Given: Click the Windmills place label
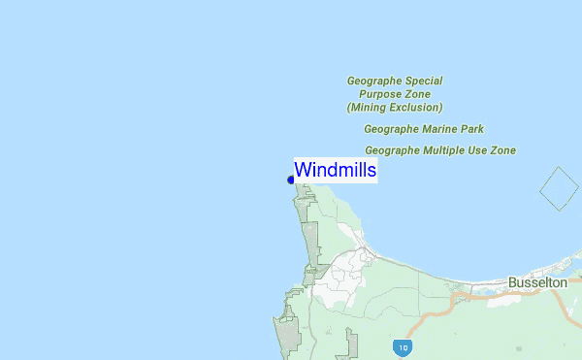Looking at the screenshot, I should click(335, 170).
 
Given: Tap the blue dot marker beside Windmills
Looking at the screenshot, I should click(291, 180).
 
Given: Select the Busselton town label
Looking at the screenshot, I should click(537, 282).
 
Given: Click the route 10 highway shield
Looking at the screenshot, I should click(401, 346).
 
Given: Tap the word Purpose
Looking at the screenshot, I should click(380, 94).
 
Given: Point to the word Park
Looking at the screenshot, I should click(473, 129).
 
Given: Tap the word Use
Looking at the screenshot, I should click(482, 150).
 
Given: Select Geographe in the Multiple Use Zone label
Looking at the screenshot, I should click(394, 150).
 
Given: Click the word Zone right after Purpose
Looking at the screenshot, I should click(417, 94).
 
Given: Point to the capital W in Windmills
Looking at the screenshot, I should click(303, 170).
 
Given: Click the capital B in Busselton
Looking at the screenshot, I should click(512, 282).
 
